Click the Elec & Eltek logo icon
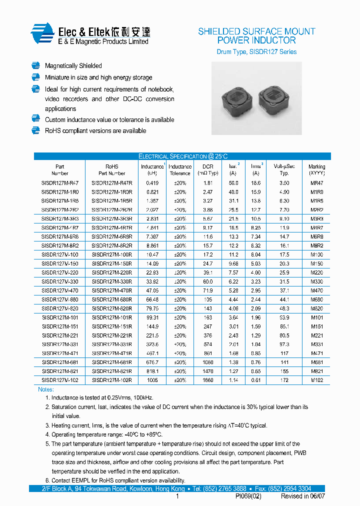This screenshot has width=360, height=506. [x=42, y=34]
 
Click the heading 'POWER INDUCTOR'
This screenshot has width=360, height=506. [x=256, y=40]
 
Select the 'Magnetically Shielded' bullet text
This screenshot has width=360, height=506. [x=73, y=66]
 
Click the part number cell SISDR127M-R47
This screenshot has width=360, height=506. [x=60, y=183]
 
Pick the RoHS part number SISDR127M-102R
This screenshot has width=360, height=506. [x=112, y=380]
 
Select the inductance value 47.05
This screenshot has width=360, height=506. [x=152, y=290]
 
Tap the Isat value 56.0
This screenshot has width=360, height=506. [x=233, y=183]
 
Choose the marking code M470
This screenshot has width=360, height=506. [x=316, y=290]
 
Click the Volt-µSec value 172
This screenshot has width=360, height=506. [x=284, y=380]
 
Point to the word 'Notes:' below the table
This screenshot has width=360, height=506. [x=46, y=389]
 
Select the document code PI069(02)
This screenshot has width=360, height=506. [x=248, y=496]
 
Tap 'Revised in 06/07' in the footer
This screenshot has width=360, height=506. [x=302, y=496]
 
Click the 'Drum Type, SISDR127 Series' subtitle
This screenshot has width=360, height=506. [x=256, y=52]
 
